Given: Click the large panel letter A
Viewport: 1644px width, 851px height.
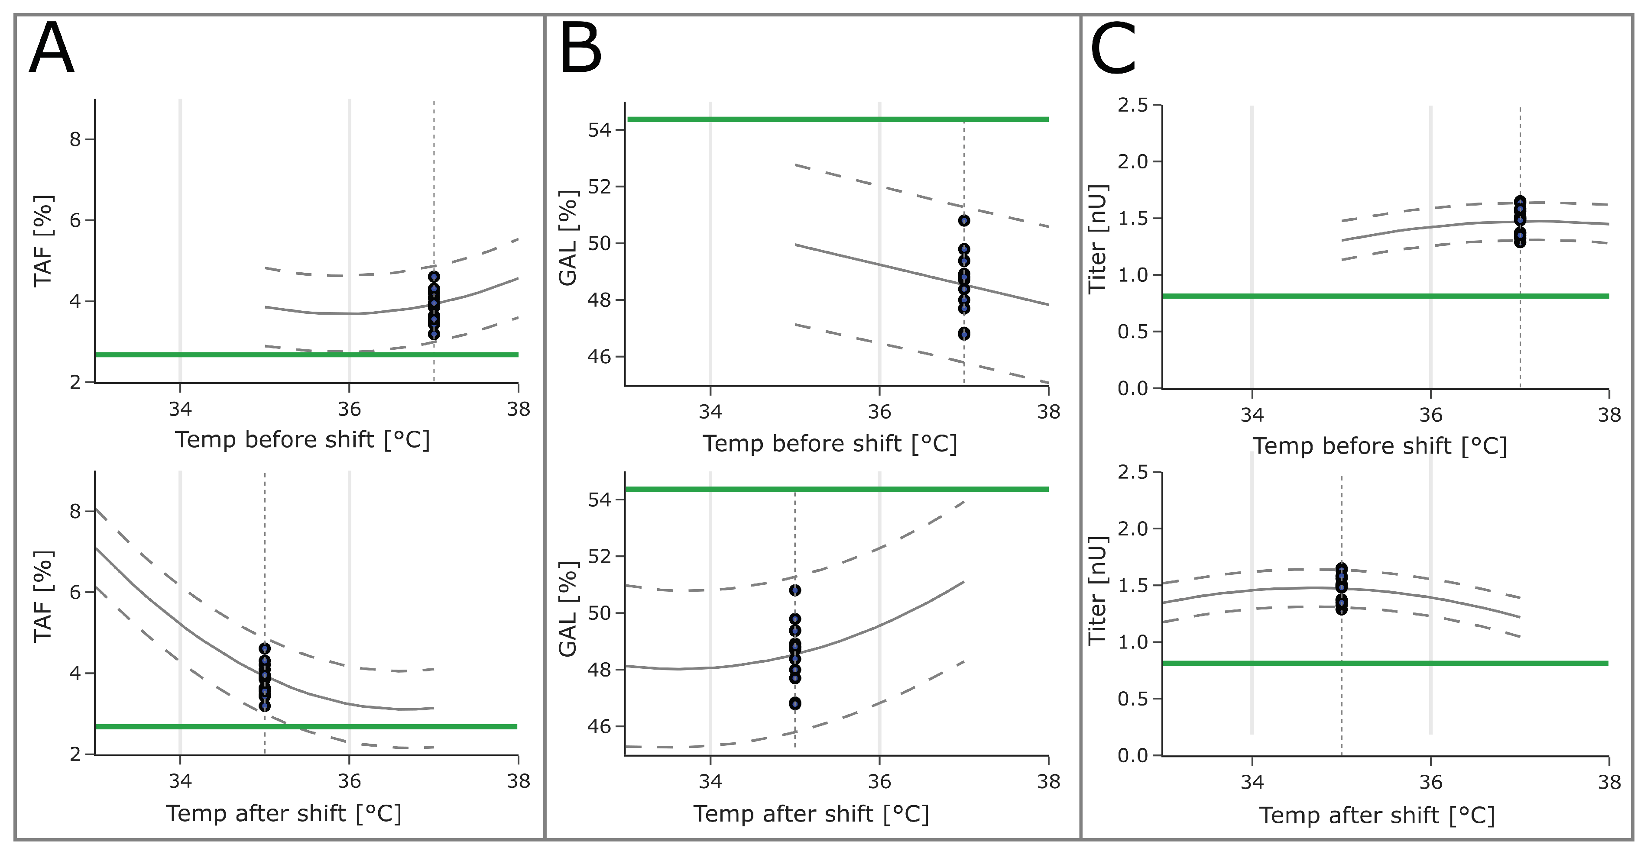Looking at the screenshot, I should point(52,49).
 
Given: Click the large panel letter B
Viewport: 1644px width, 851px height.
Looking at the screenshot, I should point(580,49).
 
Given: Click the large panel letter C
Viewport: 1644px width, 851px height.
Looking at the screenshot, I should point(1112,49).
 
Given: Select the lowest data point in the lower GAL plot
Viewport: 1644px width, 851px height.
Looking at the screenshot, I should point(794,704).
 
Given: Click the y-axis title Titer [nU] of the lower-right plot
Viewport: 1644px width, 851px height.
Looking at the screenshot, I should point(1097,590).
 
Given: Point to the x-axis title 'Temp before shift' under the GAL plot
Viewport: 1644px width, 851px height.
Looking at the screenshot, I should point(830,443).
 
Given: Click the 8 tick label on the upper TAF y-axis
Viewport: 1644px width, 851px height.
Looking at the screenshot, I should point(75,139).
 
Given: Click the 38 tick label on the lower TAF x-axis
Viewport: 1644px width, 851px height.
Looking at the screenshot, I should point(518,781).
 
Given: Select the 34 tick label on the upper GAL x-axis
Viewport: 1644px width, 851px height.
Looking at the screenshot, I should point(710,412).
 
